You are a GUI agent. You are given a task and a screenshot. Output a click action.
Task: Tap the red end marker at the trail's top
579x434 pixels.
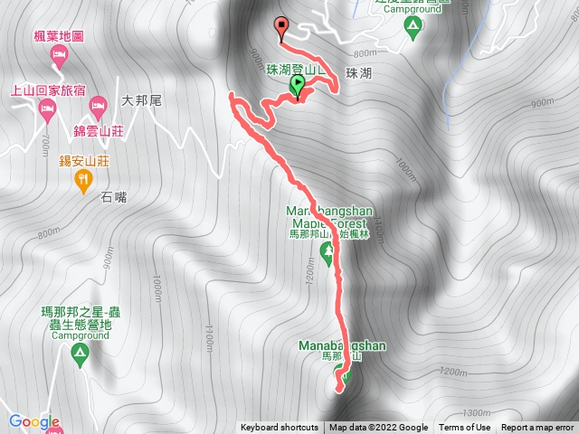[x=280, y=26]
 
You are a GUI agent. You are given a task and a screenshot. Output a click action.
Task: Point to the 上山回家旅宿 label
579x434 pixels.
[x=49, y=90]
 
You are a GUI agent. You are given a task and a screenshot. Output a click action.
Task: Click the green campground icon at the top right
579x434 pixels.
[x=412, y=32]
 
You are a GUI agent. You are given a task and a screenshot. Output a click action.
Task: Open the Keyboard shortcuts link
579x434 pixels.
[x=280, y=428]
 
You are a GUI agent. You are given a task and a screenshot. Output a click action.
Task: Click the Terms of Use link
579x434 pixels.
[x=465, y=428]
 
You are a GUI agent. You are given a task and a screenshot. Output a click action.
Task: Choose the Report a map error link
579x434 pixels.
[x=538, y=428]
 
